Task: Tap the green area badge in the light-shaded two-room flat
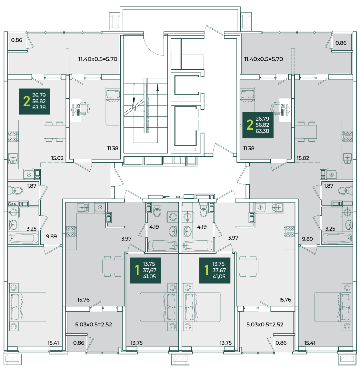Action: (x=35, y=101)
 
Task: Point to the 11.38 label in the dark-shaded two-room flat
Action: (x=249, y=148)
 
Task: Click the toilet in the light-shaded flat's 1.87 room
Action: (x=16, y=190)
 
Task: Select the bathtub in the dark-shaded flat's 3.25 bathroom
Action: (x=337, y=238)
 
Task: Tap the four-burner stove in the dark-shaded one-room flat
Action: (x=71, y=231)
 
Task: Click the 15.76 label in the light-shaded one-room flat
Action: (x=285, y=300)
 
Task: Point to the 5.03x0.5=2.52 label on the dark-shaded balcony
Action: (x=94, y=324)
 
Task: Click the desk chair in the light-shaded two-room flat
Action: (x=85, y=109)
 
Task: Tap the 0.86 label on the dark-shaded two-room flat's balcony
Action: (x=341, y=43)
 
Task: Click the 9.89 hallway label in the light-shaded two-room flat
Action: (x=51, y=236)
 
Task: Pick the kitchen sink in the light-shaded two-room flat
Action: (x=13, y=159)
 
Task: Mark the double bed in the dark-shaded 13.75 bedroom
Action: (x=158, y=307)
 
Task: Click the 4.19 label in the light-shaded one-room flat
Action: (x=202, y=227)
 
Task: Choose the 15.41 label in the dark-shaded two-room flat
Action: (x=310, y=343)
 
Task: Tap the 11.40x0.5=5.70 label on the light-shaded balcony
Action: (x=98, y=59)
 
